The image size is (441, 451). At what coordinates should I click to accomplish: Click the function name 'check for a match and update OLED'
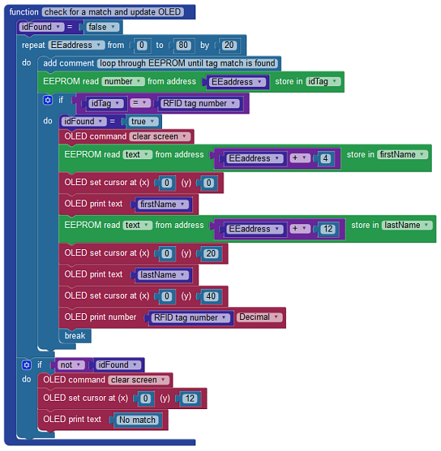[113, 12]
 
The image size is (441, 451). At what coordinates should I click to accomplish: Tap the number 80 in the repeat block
[183, 45]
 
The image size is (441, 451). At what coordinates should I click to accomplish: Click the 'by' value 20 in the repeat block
[229, 45]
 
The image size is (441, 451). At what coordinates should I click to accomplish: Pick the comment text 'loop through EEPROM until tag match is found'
[188, 63]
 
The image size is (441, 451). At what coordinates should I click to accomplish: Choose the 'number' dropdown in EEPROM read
[123, 82]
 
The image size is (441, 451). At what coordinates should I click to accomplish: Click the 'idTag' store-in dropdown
[323, 82]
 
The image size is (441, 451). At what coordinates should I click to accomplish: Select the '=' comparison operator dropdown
[140, 103]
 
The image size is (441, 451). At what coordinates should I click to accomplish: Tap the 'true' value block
[143, 121]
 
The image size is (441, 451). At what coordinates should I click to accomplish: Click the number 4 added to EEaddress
[325, 158]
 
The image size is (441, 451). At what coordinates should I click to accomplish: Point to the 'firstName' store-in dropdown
[402, 155]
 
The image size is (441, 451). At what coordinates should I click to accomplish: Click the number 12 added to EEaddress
[328, 229]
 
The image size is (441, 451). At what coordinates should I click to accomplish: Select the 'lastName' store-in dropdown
[407, 225]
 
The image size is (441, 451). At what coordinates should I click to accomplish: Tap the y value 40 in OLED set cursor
[211, 296]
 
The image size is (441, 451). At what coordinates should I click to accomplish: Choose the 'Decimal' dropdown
[259, 317]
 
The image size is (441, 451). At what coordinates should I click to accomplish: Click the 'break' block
[75, 336]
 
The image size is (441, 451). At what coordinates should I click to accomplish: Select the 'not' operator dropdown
[71, 365]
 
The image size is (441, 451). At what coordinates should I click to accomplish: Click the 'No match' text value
[137, 420]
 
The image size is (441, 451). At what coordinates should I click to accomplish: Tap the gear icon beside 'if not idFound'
[27, 365]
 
